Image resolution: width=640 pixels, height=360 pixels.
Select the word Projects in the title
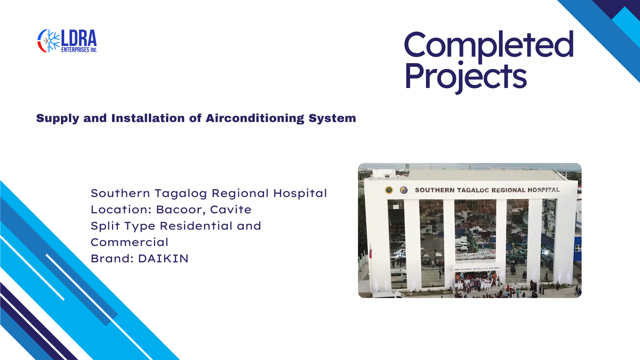(466, 77)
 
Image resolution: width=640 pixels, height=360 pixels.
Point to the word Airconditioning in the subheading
(255, 118)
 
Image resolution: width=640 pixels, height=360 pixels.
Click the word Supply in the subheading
(58, 118)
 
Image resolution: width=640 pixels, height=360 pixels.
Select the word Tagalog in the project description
(181, 194)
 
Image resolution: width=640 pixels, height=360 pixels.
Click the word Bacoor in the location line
(181, 210)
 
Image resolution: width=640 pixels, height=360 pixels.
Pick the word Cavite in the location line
(231, 209)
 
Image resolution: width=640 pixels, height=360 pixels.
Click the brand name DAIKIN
(163, 259)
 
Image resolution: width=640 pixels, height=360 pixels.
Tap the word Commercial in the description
(129, 242)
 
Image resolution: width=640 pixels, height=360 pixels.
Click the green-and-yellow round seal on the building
(389, 190)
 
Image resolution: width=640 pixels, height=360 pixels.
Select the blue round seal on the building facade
(404, 190)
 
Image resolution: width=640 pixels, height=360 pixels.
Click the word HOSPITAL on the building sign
(543, 190)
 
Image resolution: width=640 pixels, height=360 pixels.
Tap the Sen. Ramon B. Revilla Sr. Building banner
(477, 268)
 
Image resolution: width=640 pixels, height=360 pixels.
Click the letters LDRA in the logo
(79, 38)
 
